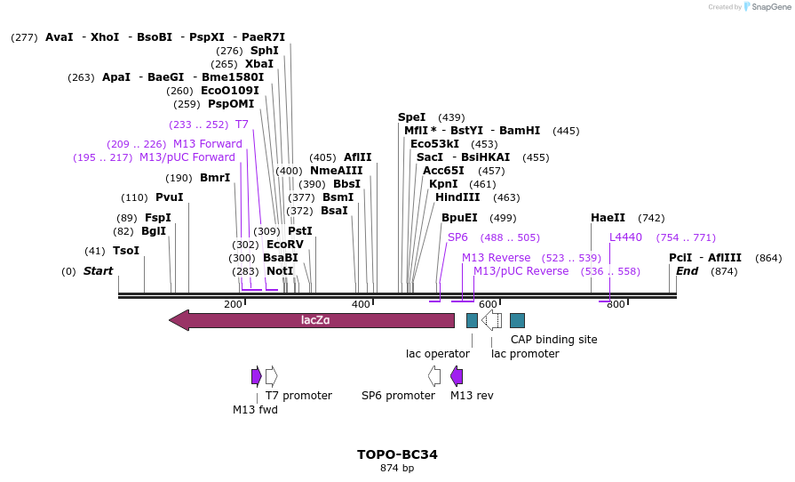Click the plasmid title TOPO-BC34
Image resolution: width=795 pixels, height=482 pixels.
click(397, 454)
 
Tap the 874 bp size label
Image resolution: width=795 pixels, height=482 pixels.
click(397, 468)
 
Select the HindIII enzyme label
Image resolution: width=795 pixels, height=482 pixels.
click(457, 197)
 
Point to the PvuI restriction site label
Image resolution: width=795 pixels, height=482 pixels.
click(169, 197)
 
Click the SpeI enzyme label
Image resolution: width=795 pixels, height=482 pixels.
click(412, 117)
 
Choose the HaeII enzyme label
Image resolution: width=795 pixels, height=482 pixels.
click(608, 218)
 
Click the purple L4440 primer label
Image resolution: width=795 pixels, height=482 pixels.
click(625, 237)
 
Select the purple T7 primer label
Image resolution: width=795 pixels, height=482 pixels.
click(242, 125)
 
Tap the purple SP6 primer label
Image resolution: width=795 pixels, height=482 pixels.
click(457, 237)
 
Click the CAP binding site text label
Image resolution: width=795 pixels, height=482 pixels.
click(553, 340)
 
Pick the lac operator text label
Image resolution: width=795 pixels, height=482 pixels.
click(438, 354)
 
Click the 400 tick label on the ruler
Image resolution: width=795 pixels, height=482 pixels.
click(361, 305)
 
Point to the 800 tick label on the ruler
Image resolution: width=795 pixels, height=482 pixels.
click(616, 305)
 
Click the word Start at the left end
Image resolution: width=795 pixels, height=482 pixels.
click(98, 271)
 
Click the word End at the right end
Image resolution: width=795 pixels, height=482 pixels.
click(687, 271)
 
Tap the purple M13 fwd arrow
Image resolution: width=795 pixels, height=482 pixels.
click(256, 376)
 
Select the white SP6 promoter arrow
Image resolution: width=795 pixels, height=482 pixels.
click(434, 376)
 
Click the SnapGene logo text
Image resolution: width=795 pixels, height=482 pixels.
click(767, 7)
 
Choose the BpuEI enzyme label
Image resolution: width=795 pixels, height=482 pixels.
click(459, 218)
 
